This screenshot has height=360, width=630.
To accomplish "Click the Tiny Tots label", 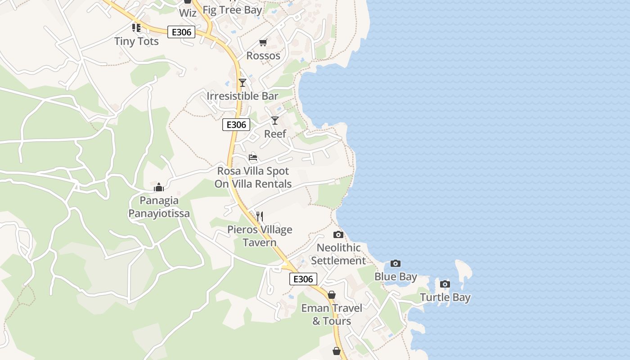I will [136, 41].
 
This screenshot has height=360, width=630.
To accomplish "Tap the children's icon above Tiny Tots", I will [136, 28].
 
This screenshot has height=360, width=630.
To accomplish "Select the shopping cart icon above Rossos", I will [263, 42].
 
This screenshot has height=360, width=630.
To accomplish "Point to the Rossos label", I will [263, 56].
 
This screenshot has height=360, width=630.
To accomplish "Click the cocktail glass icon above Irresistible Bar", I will [243, 82].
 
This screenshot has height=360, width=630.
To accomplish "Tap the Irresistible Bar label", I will [243, 96].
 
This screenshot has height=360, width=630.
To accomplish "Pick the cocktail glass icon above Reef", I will [275, 120].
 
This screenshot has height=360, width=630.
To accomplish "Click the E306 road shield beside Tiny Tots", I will [181, 32].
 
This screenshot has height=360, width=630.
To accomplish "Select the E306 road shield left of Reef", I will [236, 125].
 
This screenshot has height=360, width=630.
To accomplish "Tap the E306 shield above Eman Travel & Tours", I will [303, 279].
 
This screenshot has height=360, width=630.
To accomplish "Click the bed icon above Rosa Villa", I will [253, 157].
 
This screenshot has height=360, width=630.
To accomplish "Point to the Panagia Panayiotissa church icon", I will [159, 187].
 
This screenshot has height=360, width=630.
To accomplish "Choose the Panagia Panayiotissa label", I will [159, 207].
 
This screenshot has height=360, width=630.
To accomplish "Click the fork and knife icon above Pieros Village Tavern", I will [260, 216].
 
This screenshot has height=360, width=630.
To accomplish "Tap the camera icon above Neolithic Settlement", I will [338, 234].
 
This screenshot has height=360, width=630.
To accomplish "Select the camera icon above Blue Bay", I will [396, 263].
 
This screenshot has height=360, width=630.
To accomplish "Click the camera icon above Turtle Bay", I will [445, 284].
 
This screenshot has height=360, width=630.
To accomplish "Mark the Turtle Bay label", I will [445, 297].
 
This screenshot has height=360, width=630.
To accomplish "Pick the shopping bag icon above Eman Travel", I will [332, 295].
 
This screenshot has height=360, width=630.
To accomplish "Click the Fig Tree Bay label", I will [232, 10].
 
